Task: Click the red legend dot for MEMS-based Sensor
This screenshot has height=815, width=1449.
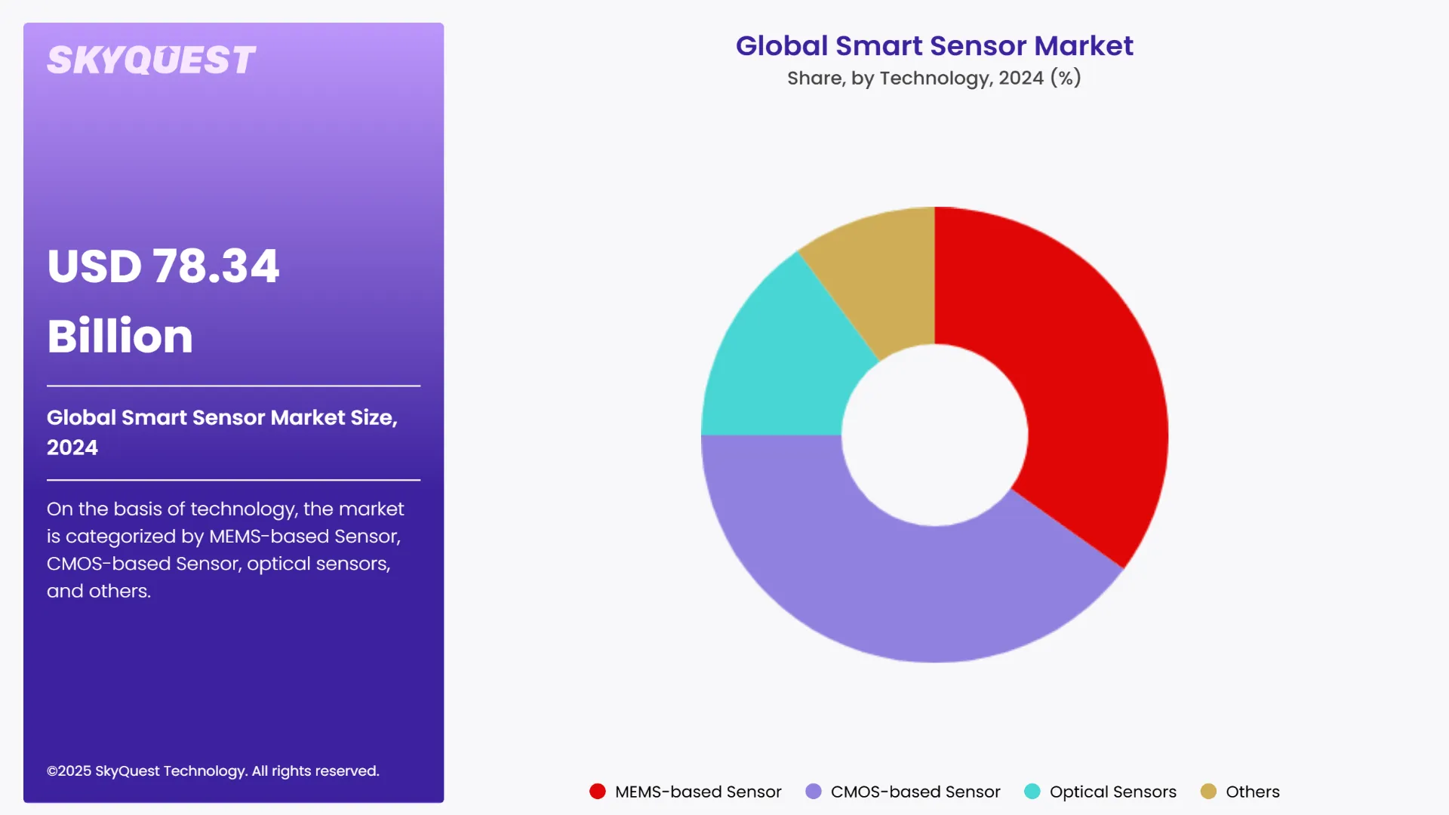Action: point(597,792)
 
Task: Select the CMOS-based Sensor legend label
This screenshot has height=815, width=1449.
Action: point(915,792)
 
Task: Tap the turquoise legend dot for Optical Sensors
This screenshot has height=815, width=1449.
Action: point(1032,792)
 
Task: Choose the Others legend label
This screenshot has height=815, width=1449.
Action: point(1252,792)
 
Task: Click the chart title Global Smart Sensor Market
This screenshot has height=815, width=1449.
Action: point(934,46)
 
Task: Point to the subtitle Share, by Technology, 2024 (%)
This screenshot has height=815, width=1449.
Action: point(934,78)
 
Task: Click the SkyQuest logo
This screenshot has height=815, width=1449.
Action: point(151,60)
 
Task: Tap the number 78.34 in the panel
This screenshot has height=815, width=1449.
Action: point(216,266)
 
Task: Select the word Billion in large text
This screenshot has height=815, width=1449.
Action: point(120,336)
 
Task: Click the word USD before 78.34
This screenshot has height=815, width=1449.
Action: point(94,266)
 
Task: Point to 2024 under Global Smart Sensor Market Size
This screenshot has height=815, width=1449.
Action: point(72,447)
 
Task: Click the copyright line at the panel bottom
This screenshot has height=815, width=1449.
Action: point(213,770)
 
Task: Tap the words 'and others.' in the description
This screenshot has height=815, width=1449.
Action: point(99,591)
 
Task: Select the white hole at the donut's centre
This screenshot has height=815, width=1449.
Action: point(934,435)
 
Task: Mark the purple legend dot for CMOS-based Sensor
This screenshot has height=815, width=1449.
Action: point(813,792)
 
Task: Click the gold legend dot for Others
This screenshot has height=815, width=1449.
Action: point(1208,792)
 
